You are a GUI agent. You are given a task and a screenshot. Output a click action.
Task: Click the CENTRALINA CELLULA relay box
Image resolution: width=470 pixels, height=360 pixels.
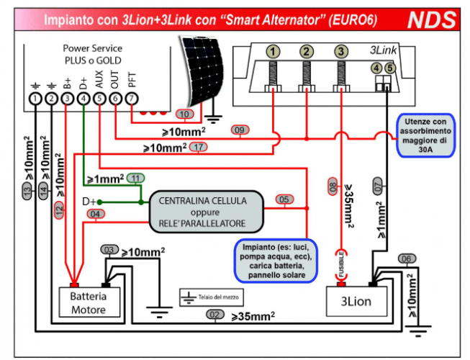pyautogui.click(x=204, y=210)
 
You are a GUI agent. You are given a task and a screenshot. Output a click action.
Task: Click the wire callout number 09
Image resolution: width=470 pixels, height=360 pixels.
pyautogui.click(x=240, y=130)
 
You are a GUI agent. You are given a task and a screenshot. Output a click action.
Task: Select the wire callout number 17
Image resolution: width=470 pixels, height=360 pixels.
pyautogui.click(x=200, y=148)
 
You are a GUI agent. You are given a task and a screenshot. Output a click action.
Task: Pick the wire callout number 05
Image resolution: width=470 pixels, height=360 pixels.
pyautogui.click(x=284, y=199)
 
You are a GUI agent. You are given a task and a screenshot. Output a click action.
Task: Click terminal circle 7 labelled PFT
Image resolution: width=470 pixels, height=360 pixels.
pyautogui.click(x=131, y=98)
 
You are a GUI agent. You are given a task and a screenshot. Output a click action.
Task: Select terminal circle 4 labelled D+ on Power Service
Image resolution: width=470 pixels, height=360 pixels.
pyautogui.click(x=83, y=98)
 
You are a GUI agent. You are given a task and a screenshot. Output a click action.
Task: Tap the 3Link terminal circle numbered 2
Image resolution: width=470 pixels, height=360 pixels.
pyautogui.click(x=307, y=51)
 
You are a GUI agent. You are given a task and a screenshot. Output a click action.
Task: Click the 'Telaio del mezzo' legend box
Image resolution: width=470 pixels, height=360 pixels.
pyautogui.click(x=212, y=296)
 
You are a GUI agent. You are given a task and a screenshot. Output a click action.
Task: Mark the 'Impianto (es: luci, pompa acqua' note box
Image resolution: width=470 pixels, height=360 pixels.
pyautogui.click(x=276, y=261)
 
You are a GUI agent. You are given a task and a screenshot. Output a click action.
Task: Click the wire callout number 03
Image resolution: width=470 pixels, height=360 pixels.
pyautogui.click(x=109, y=249)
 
